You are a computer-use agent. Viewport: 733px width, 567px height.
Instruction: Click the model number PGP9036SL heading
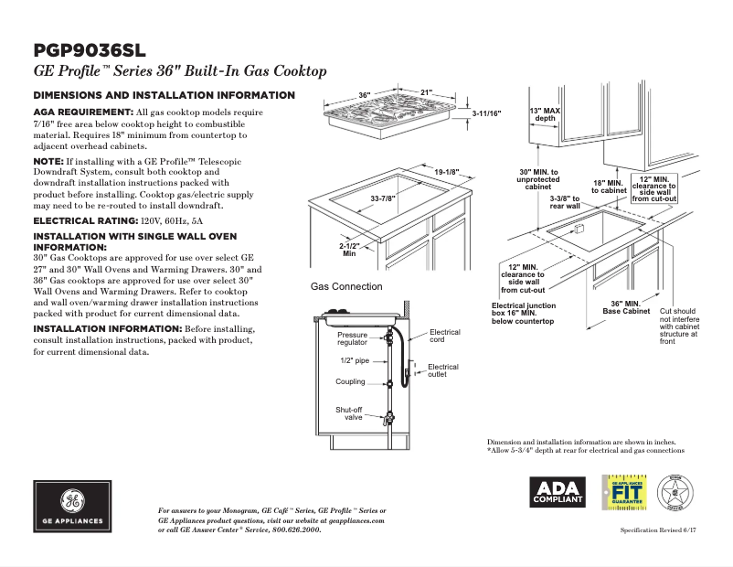pyautogui.click(x=89, y=50)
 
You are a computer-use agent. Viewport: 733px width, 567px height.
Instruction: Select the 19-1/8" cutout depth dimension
pyautogui.click(x=446, y=172)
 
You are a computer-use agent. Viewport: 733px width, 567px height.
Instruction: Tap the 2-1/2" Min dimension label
pyautogui.click(x=348, y=250)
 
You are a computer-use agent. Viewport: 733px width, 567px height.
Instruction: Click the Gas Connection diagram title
pyautogui.click(x=346, y=286)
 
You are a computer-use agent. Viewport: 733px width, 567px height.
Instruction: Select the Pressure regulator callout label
pyautogui.click(x=352, y=339)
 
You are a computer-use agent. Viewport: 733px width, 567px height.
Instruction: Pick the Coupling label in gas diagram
pyautogui.click(x=350, y=382)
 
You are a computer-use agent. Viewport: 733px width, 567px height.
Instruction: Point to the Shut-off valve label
pyautogui.click(x=349, y=413)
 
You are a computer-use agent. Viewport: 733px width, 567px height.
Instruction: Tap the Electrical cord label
pyautogui.click(x=444, y=336)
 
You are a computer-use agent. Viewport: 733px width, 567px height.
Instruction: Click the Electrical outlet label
pyautogui.click(x=443, y=370)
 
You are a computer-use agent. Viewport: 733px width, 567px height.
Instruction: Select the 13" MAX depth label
pyautogui.click(x=545, y=114)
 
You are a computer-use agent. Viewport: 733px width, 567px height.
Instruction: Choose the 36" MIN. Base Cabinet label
pyautogui.click(x=626, y=307)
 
